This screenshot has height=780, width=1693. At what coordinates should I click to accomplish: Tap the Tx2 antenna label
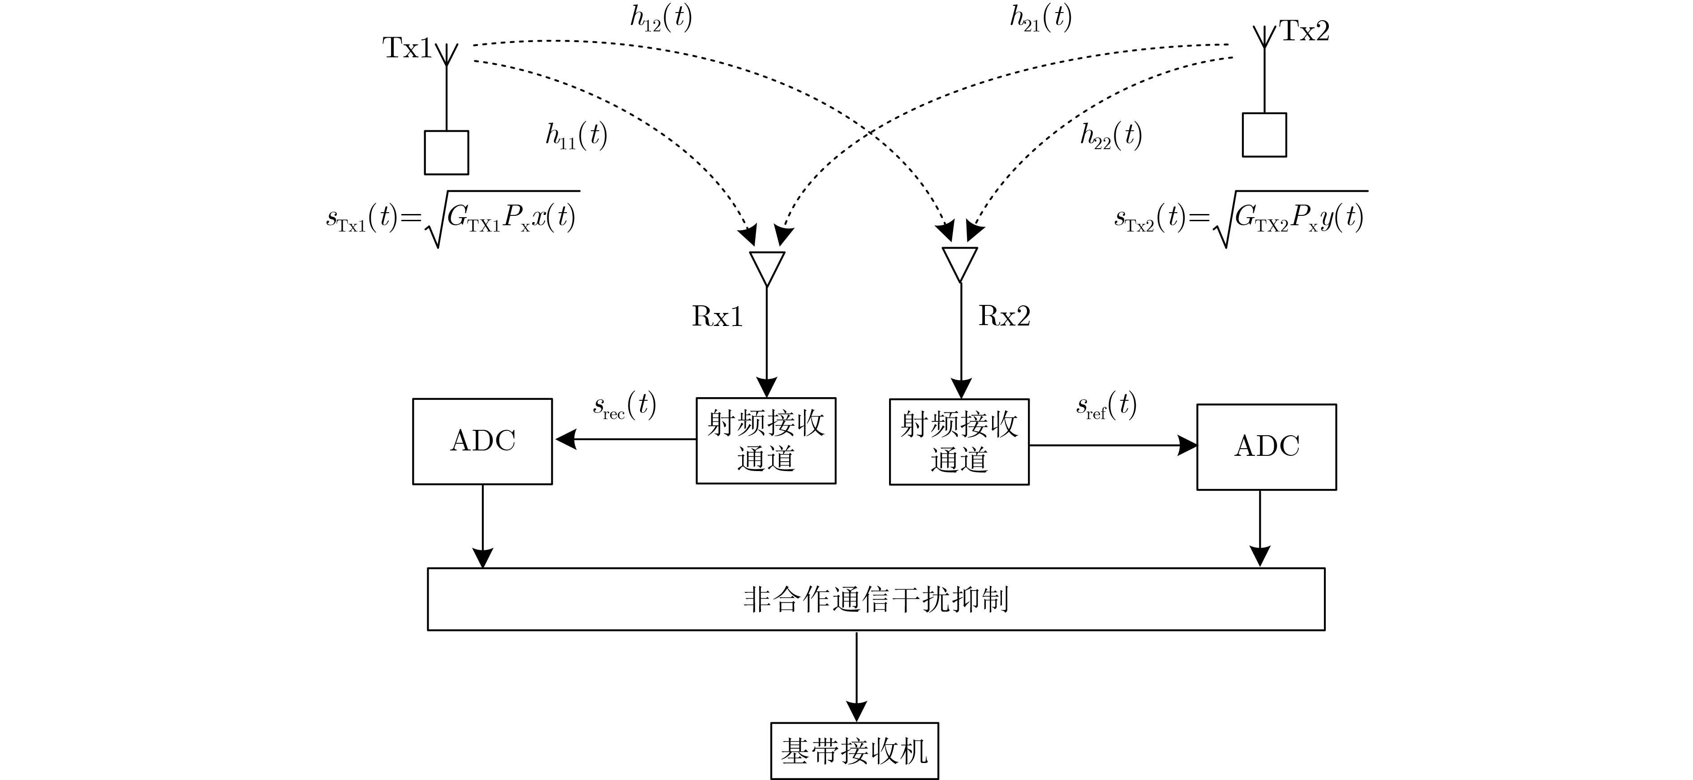coord(1304,31)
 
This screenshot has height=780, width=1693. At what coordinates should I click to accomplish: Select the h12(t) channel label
coord(661,18)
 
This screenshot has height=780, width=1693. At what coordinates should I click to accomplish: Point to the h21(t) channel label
coord(1040,18)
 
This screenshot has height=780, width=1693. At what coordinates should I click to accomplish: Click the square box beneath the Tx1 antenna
coord(446,152)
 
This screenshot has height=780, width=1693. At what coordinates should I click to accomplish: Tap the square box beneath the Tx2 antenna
coord(1264,135)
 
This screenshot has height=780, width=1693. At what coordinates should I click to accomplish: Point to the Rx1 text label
coord(717,317)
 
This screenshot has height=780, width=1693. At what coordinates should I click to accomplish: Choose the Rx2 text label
coord(1004,316)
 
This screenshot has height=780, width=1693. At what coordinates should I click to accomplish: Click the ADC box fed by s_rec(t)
coord(482,441)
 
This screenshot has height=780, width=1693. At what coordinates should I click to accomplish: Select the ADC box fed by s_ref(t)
coord(1267,447)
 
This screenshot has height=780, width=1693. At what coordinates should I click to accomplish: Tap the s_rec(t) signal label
coord(624,406)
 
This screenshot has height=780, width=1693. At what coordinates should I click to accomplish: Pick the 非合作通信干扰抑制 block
coord(876,599)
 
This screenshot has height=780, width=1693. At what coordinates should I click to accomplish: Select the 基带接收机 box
coord(855,751)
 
